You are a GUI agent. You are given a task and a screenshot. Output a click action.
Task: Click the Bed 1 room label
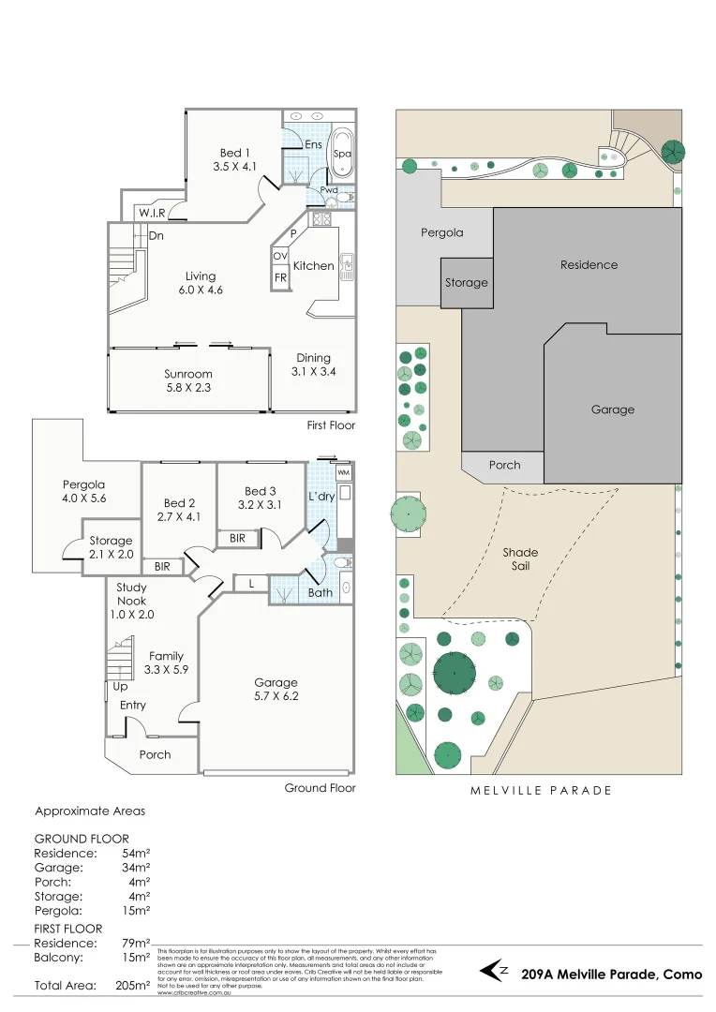pyautogui.click(x=234, y=159)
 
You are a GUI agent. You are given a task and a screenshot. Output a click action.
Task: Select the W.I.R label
pyautogui.click(x=153, y=214)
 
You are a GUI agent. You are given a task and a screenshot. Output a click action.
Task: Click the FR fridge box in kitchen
pyautogui.click(x=280, y=278)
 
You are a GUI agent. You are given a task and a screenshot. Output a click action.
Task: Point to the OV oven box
pyautogui.click(x=280, y=256)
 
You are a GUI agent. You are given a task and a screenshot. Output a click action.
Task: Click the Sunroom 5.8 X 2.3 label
pyautogui.click(x=188, y=380)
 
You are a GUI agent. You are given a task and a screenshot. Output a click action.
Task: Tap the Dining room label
pyautogui.click(x=313, y=365)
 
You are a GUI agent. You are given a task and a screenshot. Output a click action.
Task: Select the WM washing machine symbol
pyautogui.click(x=343, y=473)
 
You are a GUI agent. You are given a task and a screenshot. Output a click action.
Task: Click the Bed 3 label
pyautogui.click(x=260, y=498)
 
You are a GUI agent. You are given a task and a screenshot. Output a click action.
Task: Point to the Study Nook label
pyautogui.click(x=131, y=602)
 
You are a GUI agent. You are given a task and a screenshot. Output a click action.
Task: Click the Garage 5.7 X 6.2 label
pyautogui.click(x=276, y=689)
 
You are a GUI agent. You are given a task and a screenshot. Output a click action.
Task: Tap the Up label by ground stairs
pyautogui.click(x=120, y=686)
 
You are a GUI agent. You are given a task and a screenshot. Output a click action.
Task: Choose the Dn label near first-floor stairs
pyautogui.click(x=156, y=236)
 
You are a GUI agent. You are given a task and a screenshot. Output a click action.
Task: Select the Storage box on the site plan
pyautogui.click(x=466, y=282)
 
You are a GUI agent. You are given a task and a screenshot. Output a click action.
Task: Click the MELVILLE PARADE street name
pyautogui.click(x=541, y=790)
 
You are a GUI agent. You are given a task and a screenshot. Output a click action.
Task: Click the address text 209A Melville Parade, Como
pyautogui.click(x=611, y=975)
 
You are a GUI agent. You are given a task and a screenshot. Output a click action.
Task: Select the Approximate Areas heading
pyautogui.click(x=90, y=811)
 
